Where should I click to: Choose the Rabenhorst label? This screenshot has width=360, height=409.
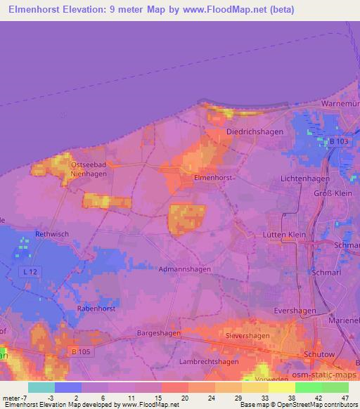96,306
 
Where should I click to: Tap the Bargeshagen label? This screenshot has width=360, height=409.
159,333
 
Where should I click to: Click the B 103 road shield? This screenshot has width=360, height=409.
339,141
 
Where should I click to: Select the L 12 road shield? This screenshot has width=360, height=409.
28,271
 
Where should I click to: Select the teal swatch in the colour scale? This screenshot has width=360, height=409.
41,387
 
